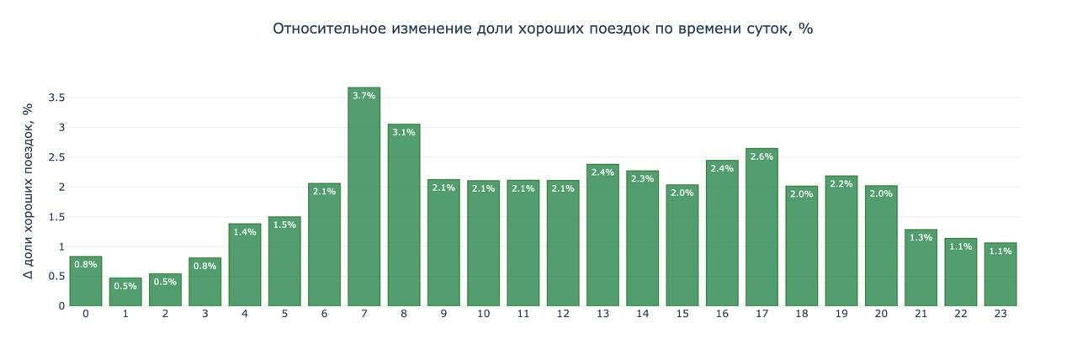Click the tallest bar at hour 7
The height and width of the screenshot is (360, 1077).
coord(363,202)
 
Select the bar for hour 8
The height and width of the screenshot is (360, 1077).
coord(404,219)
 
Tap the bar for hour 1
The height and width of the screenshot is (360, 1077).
coord(125,294)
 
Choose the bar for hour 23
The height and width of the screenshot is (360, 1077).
coord(1000,278)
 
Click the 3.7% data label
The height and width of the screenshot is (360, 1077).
coord(363,96)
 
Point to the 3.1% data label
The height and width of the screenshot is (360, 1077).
coord(404,132)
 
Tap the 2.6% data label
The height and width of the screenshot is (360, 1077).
coord(761,156)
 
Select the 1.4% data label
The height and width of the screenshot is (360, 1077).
coord(245,231)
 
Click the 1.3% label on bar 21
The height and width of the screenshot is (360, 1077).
coord(920,237)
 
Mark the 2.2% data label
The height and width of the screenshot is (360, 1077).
coord(841,183)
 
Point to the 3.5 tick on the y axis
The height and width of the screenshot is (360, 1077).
coord(56,98)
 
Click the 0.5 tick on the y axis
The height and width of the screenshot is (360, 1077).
coord(56,276)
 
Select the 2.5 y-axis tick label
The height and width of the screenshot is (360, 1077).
coord(56,157)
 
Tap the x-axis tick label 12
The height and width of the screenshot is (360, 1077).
coord(563,315)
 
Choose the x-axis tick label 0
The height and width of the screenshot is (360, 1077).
coord(86,315)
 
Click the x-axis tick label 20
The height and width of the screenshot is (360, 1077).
coord(881,315)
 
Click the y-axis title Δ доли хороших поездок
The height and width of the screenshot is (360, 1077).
coord(28,191)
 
